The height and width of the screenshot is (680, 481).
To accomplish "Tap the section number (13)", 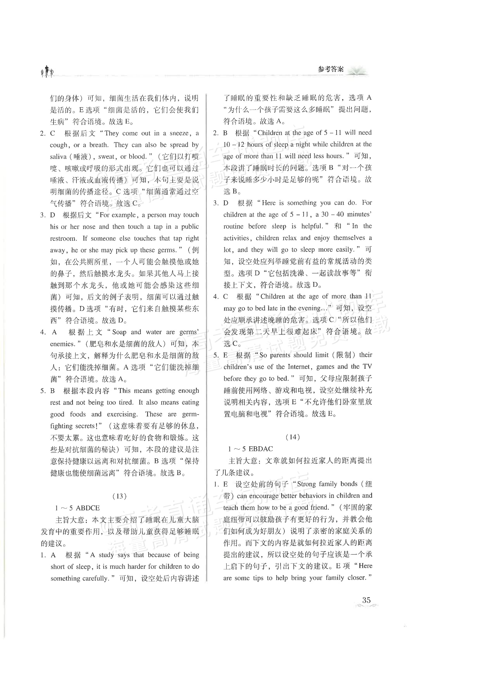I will coord(120,496).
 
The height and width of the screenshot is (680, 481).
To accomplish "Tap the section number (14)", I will coord(293,437).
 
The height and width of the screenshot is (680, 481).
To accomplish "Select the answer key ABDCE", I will coord(88,508).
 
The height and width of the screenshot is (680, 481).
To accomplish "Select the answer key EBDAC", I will coord(261,449).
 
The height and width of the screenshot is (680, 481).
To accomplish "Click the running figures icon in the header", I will coord(47,72).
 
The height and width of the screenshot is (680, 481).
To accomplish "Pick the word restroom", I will coord(63,238).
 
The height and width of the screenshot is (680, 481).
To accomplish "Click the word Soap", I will coord(119,332).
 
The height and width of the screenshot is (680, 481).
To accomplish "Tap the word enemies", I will coord(62,344).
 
